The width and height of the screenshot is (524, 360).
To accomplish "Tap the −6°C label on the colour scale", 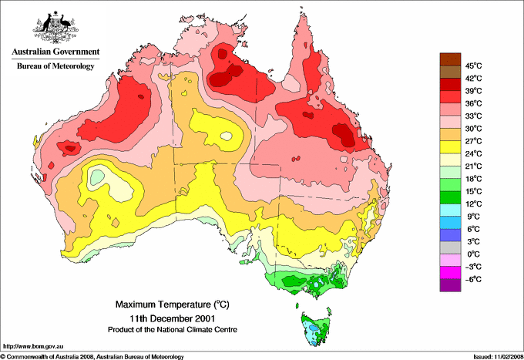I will [x=472, y=279].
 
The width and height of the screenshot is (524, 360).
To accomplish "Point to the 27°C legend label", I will [x=472, y=141].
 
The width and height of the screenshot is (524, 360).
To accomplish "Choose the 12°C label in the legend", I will [x=472, y=204].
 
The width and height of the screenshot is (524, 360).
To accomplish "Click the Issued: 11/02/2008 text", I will [x=492, y=356].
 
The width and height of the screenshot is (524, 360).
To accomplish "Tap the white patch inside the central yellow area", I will [x=227, y=136].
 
